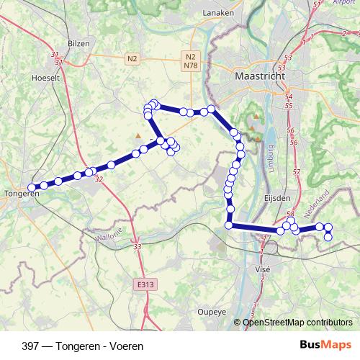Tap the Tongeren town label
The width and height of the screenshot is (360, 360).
tap(21, 194)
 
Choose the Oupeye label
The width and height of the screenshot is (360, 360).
tap(212, 312)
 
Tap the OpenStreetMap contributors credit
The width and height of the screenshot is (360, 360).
tap(297, 322)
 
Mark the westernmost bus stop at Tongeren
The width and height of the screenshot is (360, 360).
tap(32, 187)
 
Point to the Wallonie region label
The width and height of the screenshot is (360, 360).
tap(109, 235)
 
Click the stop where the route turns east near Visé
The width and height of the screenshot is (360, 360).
tap(230, 225)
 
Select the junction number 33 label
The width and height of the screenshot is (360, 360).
tap(137, 248)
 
